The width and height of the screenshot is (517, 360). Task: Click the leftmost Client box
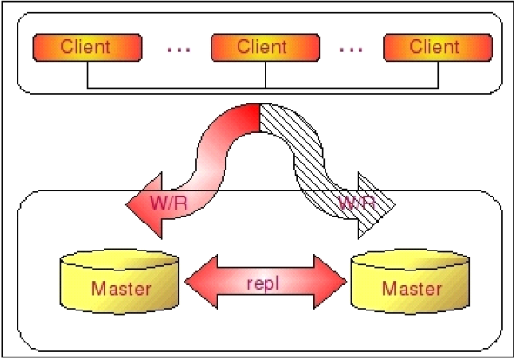[87, 48]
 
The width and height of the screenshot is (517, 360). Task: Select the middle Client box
[265, 48]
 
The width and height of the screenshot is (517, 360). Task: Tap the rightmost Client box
[438, 48]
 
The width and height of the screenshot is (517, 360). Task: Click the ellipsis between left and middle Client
[178, 50]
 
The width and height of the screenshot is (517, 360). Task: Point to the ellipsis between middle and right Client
[351, 50]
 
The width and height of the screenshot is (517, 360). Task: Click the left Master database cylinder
[119, 281]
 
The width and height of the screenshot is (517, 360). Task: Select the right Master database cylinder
[410, 281]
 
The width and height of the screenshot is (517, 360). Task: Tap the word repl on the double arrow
[263, 283]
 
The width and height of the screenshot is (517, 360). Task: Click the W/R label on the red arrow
[169, 203]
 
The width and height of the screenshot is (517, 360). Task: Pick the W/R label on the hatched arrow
[357, 203]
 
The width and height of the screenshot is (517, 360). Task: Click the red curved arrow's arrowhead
[144, 205]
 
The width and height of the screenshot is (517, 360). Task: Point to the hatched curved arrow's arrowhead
[376, 205]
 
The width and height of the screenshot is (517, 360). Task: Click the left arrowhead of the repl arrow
[201, 282]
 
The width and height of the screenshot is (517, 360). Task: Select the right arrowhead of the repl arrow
[331, 282]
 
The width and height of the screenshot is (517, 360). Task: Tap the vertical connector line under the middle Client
[265, 75]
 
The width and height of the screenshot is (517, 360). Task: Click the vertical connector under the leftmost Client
[87, 75]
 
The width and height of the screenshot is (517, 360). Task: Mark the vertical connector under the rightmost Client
[438, 75]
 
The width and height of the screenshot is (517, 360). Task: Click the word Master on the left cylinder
[121, 289]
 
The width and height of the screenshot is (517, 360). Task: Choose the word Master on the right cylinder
[412, 289]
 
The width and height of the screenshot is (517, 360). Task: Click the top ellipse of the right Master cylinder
[410, 259]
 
